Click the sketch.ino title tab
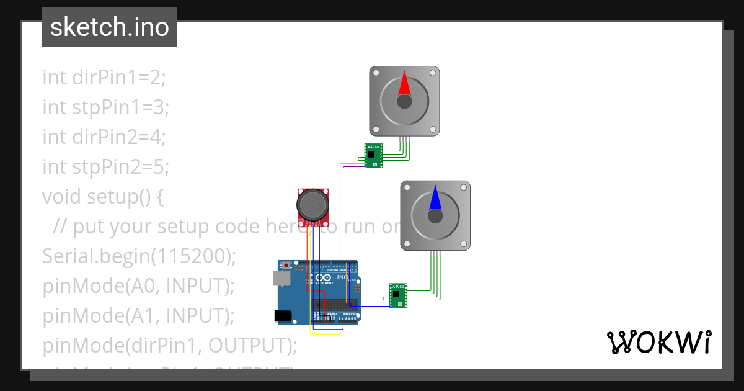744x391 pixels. pos(110,27)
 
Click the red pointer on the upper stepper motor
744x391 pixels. pos(404,84)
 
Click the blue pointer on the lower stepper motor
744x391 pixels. pos(435,198)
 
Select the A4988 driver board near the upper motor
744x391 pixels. pos(373,155)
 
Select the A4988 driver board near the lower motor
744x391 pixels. pos(399,295)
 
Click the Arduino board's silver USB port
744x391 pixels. pos(282,279)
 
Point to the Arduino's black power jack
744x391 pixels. pos(283,315)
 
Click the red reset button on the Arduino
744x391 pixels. pos(286,266)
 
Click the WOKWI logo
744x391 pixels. pos(658,343)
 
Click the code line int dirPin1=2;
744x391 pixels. pos(104,78)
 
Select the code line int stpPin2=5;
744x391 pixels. pos(105,167)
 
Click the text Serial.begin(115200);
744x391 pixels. pos(139,256)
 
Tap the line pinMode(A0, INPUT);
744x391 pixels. pos(138,286)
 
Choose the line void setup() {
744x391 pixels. pos(102,197)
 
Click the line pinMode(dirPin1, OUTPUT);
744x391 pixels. pos(170,346)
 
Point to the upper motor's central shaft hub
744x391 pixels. pos(404,102)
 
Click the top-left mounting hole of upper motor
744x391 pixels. pos(376,73)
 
